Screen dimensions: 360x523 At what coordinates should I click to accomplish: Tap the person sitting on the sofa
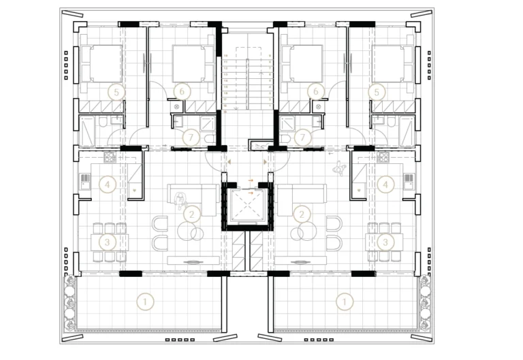[x=181, y=200]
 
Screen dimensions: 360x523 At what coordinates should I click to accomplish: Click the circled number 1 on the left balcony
[x=144, y=299]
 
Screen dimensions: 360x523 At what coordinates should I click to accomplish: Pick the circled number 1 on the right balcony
[x=347, y=299]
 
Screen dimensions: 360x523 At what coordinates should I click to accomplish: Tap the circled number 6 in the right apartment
[x=315, y=91]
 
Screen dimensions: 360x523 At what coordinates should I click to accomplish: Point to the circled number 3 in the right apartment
[x=386, y=242]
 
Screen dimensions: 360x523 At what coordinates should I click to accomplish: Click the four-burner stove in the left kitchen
[x=110, y=158]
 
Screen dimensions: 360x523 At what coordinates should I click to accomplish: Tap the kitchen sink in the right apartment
[x=407, y=181]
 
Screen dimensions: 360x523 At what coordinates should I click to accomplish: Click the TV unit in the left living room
[x=193, y=259]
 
